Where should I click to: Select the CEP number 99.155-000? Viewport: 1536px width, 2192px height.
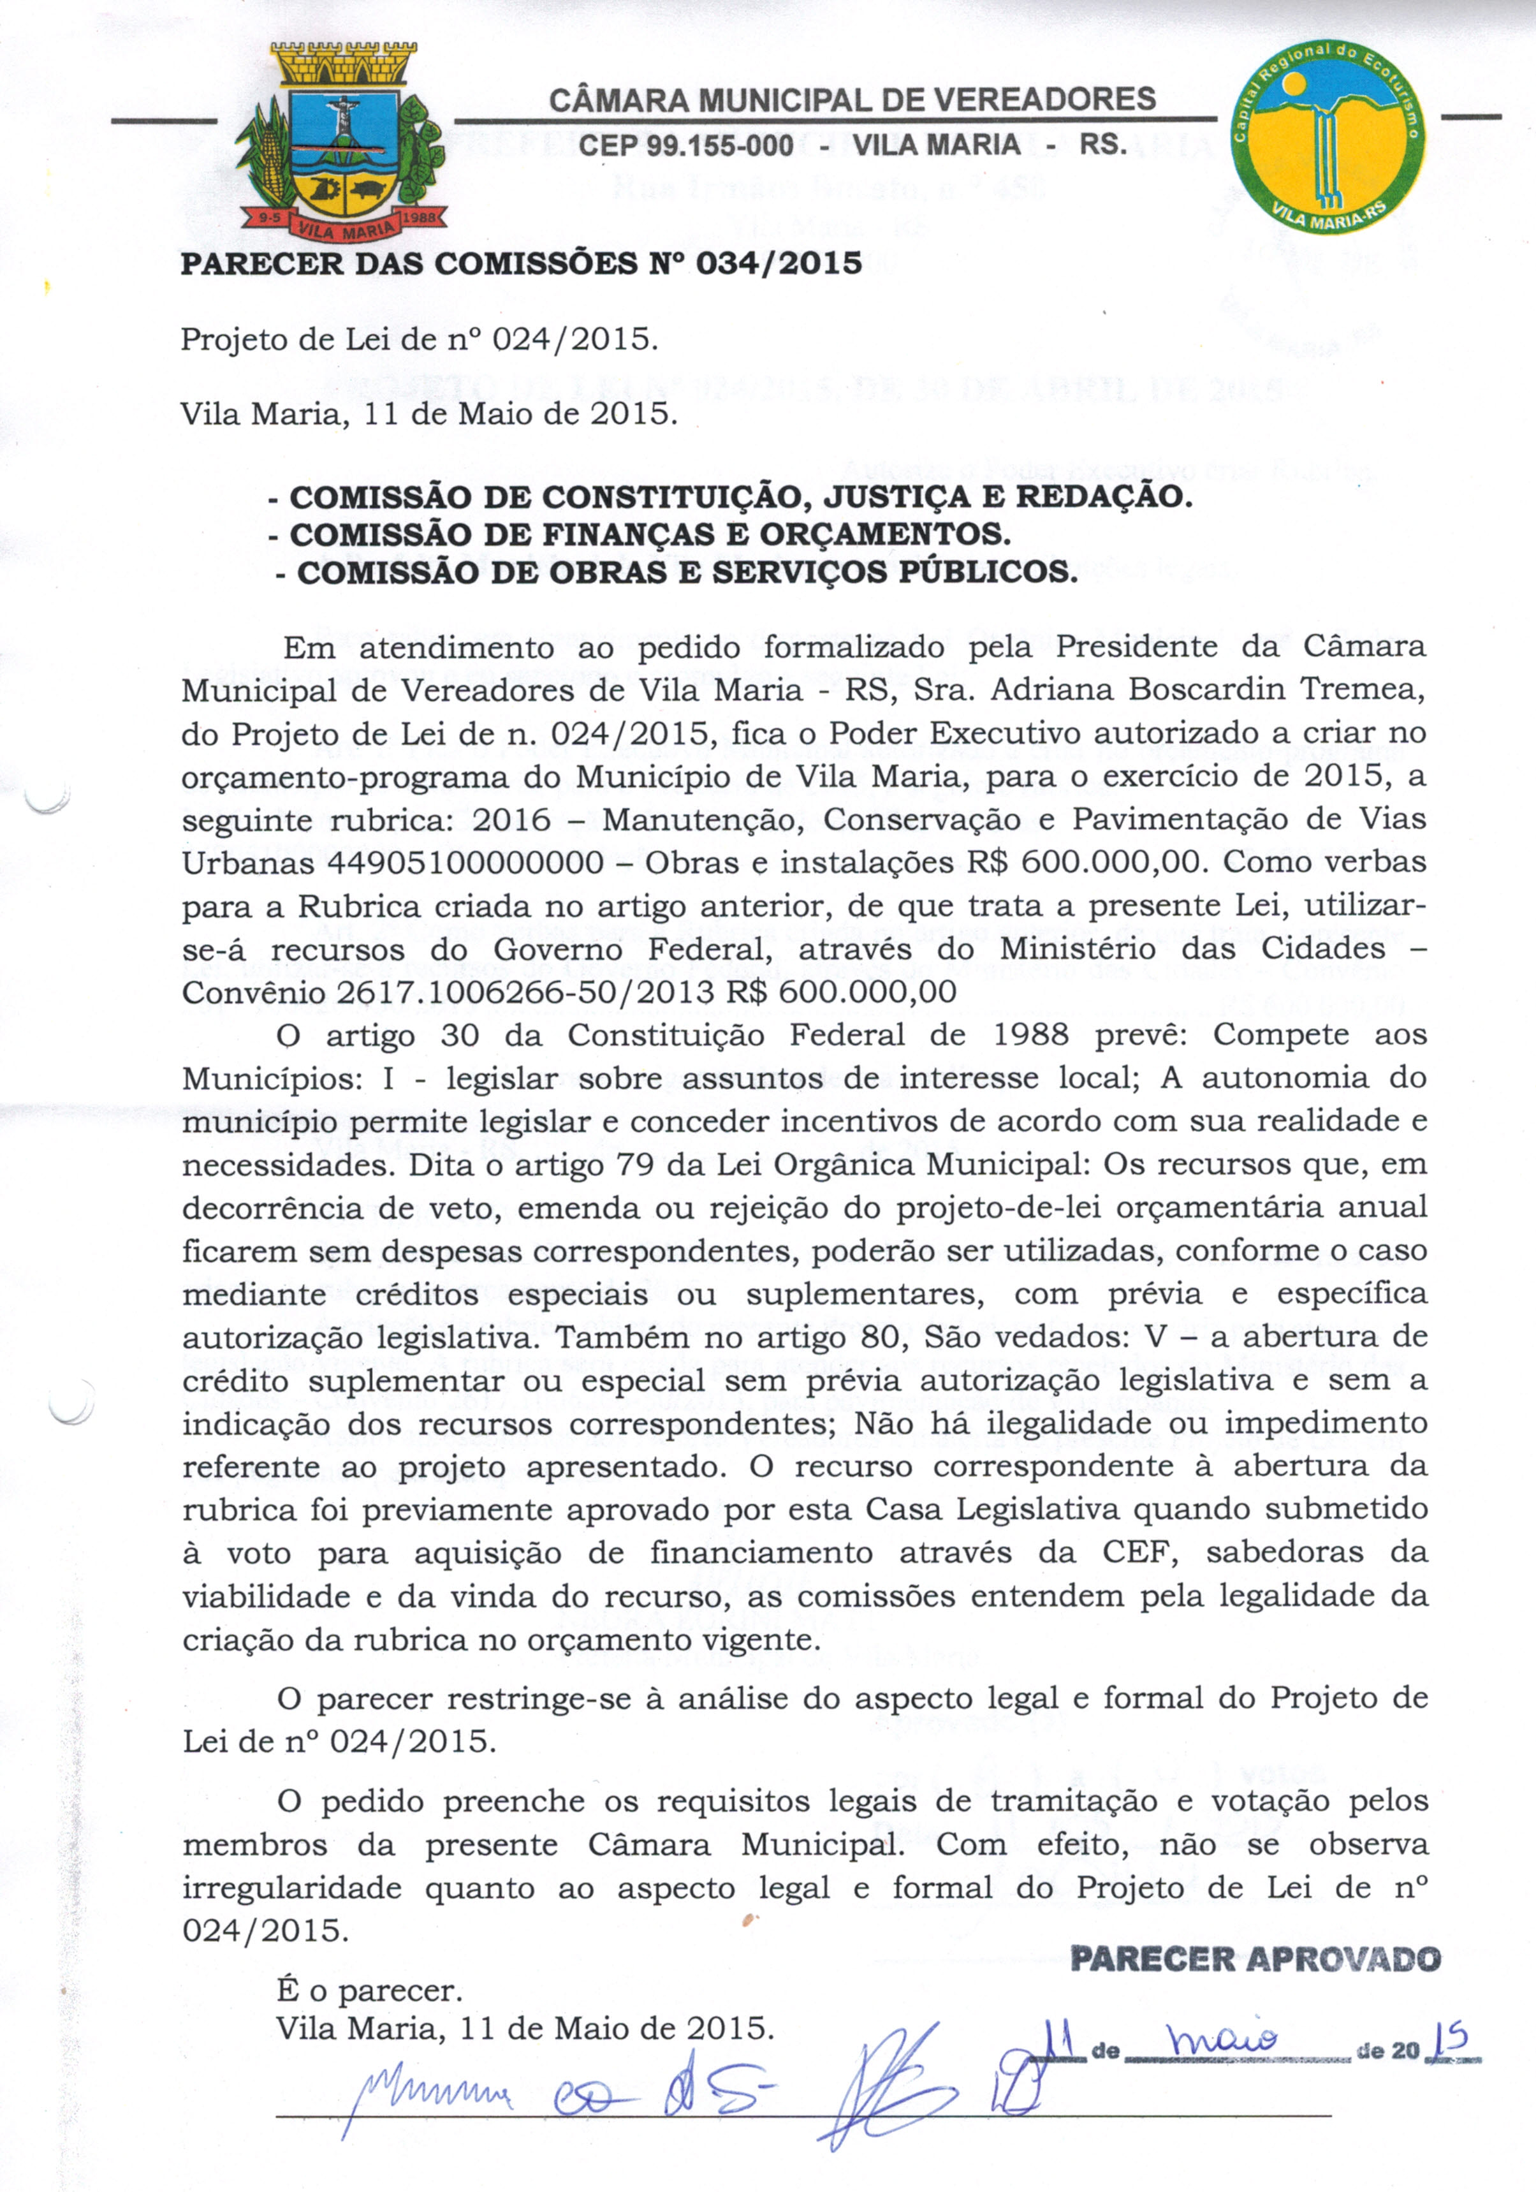point(686,145)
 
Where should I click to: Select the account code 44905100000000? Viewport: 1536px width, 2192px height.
point(466,862)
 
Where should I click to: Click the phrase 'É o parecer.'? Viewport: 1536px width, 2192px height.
point(369,1990)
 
